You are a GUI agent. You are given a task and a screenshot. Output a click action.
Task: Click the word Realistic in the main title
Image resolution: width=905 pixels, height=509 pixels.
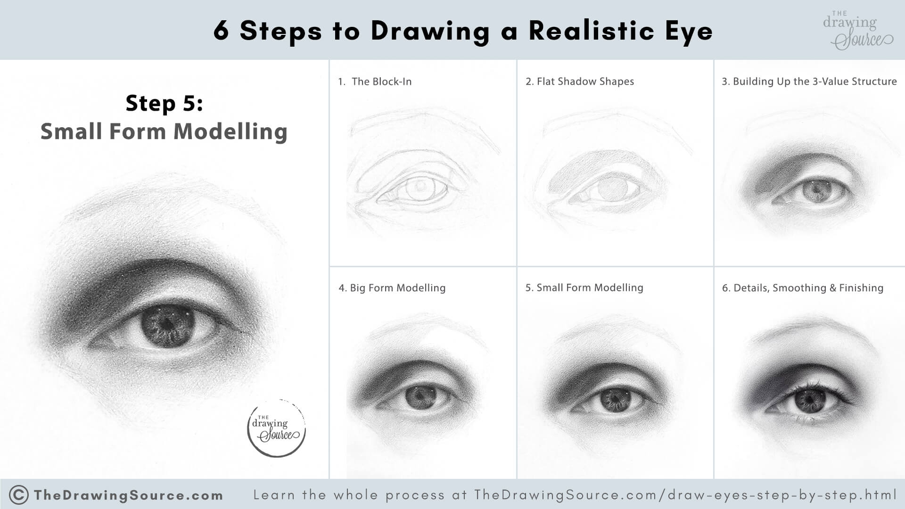point(591,31)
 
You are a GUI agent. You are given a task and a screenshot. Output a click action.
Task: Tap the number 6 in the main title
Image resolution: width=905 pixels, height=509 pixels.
point(221,31)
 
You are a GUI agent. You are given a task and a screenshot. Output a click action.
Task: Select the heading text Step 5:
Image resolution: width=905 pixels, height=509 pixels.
point(164,103)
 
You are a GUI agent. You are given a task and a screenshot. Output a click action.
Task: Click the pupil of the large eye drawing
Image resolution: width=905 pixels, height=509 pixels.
point(167,325)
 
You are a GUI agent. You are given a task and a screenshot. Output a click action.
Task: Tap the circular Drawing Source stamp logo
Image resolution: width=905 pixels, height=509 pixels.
point(277,428)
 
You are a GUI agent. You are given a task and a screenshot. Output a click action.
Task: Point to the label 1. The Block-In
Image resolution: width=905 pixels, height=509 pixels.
point(375,82)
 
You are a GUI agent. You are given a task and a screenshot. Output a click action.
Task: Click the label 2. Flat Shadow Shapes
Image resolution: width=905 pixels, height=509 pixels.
point(579,82)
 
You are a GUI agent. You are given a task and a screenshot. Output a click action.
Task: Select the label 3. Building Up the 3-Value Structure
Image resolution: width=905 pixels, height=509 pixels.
point(809,82)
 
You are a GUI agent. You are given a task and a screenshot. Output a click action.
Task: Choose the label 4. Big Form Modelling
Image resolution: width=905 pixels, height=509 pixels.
point(392,288)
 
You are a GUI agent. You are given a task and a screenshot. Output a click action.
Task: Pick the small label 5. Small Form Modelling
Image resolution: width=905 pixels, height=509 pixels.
point(584,287)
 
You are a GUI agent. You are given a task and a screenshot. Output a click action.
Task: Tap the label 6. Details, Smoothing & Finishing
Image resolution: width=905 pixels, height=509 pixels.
point(802,288)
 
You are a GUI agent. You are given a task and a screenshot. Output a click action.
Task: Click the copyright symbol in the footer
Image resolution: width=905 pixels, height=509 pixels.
point(19,495)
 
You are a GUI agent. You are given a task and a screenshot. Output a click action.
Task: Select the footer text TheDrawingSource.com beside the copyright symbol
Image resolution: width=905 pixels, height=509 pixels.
point(128,495)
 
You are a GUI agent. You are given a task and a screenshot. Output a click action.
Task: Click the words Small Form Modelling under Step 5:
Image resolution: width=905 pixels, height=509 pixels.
point(164,131)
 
